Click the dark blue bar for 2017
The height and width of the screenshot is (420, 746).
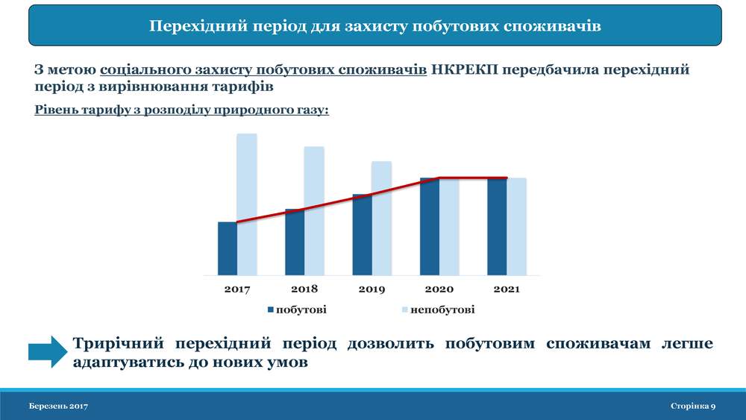(x=228, y=248)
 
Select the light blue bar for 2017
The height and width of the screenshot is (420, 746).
(x=247, y=204)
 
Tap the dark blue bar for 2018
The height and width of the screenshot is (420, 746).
(x=295, y=242)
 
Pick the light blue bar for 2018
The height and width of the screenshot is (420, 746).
(x=315, y=210)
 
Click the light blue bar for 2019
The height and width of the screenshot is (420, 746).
(x=381, y=219)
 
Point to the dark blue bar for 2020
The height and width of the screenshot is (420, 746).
(x=430, y=227)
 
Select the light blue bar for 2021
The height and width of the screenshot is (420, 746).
(x=517, y=227)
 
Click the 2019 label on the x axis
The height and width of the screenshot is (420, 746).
(x=372, y=289)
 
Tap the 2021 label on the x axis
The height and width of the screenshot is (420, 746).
(x=507, y=289)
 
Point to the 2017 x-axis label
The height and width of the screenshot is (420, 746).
(x=237, y=289)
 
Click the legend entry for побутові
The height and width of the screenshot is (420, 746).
(x=297, y=310)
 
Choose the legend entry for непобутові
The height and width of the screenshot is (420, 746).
(x=438, y=310)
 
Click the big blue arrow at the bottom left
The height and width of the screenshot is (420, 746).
(x=48, y=352)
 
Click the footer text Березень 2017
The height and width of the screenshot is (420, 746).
(x=58, y=407)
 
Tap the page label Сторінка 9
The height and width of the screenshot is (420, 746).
(x=693, y=407)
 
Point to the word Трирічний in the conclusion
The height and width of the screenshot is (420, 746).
(x=118, y=343)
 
